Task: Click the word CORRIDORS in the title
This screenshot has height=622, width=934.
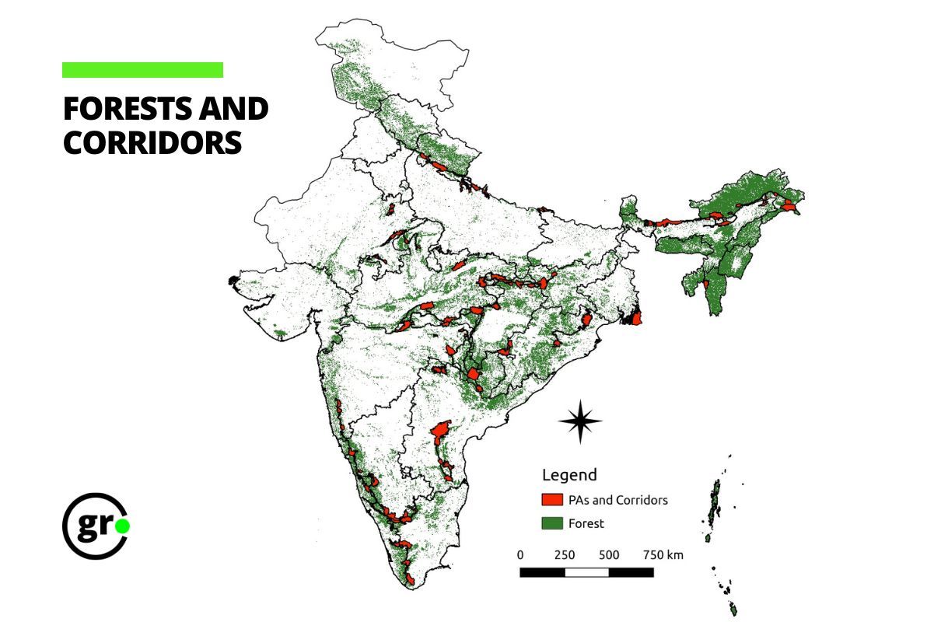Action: (x=152, y=142)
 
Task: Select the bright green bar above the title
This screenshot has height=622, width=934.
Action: (x=142, y=70)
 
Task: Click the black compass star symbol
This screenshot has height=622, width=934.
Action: (x=580, y=421)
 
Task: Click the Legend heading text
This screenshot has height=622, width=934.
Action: (x=569, y=474)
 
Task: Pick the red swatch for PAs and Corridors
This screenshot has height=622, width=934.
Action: (x=552, y=499)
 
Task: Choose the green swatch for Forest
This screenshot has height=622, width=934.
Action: (x=552, y=523)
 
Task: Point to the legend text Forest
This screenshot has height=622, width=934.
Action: (x=586, y=523)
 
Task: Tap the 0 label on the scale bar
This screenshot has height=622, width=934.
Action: (x=520, y=555)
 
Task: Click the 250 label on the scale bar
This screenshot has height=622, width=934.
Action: (x=565, y=555)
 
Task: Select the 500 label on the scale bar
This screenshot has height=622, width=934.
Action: (x=609, y=555)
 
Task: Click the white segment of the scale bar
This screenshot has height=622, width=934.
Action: (x=586, y=572)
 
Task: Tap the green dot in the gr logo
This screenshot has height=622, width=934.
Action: (x=122, y=526)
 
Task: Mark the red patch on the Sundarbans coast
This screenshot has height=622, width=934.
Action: (x=635, y=318)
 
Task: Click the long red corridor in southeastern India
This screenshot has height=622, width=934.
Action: (x=440, y=440)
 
